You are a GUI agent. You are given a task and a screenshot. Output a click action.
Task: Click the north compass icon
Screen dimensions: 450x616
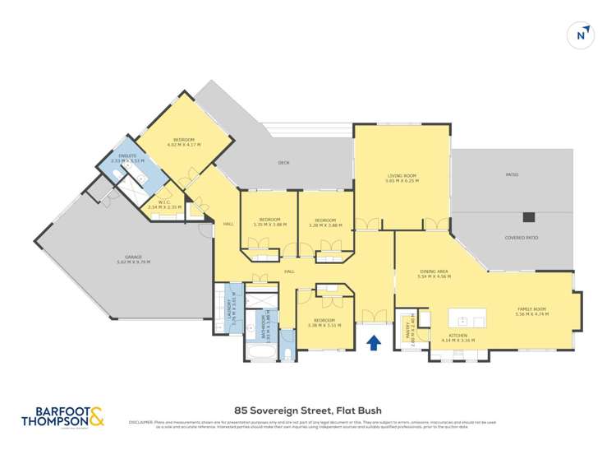tap(581, 35)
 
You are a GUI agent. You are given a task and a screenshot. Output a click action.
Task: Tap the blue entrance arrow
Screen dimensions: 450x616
tap(374, 341)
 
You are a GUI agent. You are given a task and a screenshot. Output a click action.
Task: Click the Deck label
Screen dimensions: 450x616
tap(284, 163)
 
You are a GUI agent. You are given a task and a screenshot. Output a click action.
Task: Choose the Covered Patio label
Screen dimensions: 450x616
tap(521, 238)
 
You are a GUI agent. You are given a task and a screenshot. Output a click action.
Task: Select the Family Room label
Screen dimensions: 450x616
tap(531, 309)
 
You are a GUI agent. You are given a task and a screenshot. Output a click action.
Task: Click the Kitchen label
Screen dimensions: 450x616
tap(457, 336)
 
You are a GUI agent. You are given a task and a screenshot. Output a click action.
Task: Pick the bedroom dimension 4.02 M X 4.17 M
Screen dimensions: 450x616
tap(184, 146)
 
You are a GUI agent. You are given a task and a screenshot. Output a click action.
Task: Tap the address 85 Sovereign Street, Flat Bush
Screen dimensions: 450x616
tap(307, 410)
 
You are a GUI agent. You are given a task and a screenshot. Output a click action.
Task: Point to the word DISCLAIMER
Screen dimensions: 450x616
tap(142, 422)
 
